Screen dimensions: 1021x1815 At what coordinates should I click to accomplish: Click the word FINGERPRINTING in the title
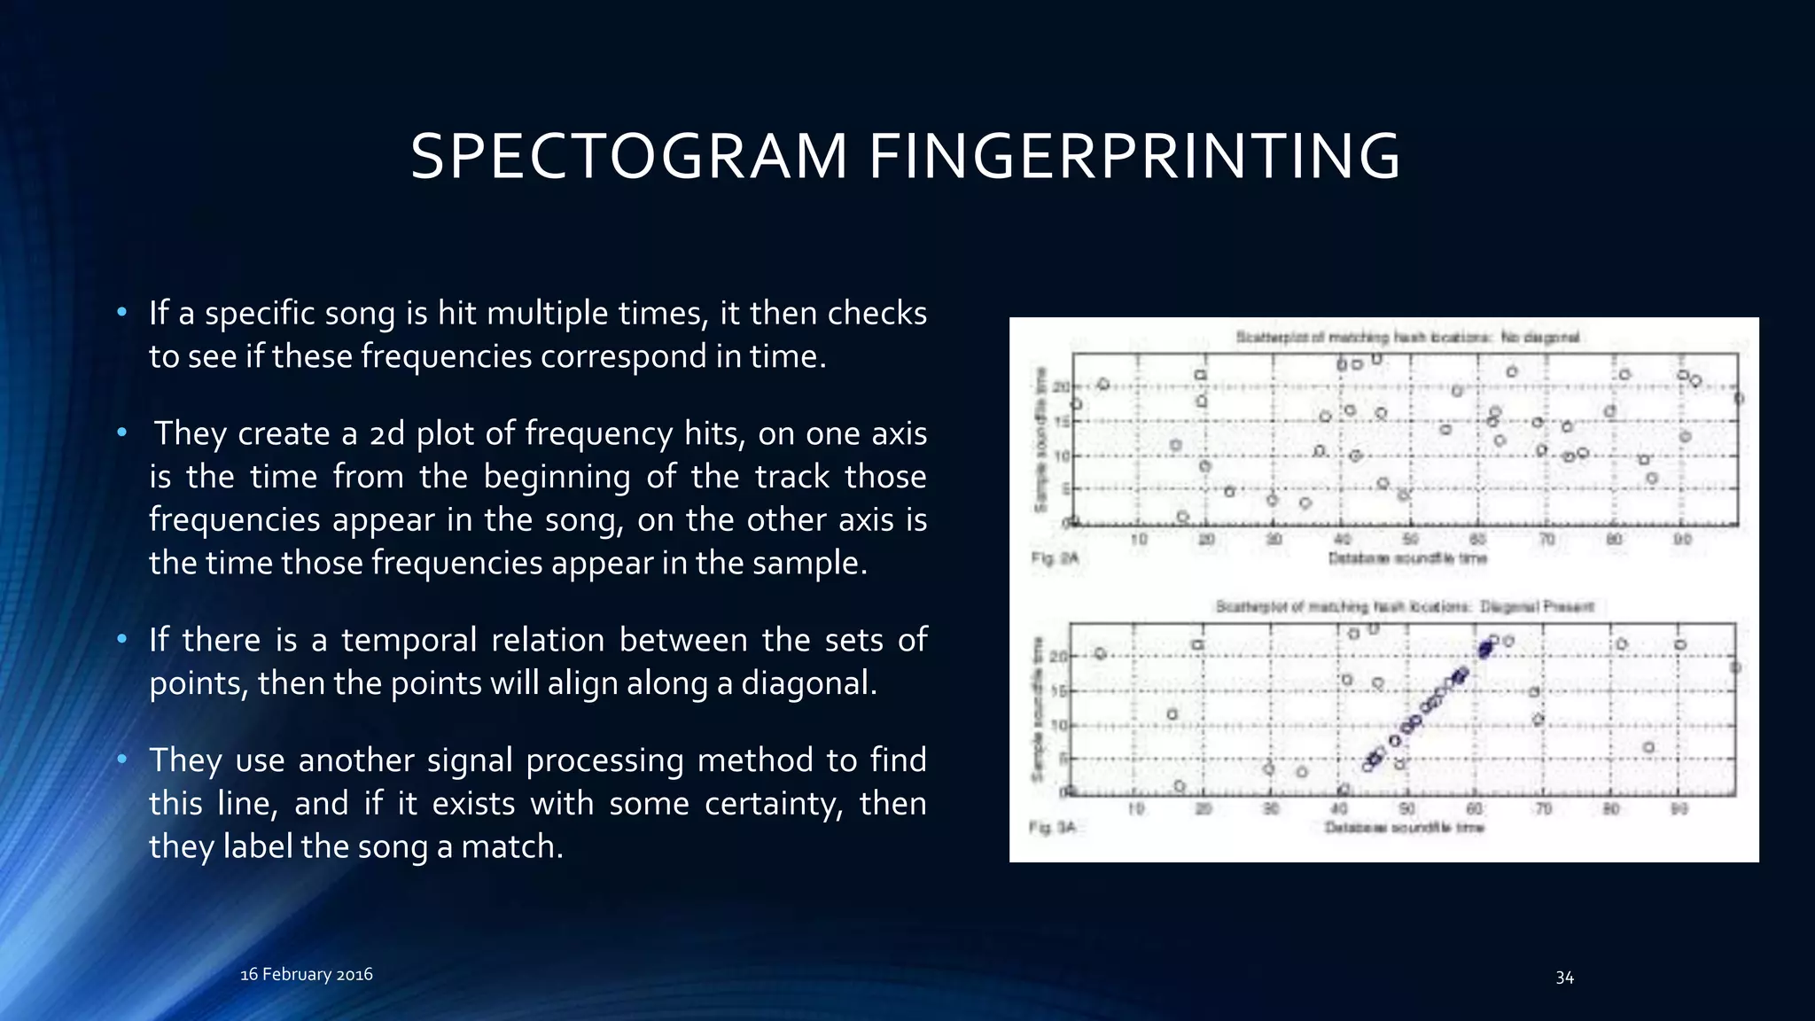click(x=1133, y=157)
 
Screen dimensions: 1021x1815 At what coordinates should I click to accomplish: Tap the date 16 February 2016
click(x=307, y=974)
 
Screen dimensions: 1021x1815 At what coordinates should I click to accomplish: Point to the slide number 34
click(x=1564, y=978)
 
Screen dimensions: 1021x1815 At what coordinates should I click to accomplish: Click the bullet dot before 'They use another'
click(x=122, y=760)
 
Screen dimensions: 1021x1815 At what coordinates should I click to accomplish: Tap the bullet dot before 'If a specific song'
click(x=122, y=312)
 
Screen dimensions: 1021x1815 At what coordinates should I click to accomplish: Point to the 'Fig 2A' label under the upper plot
click(x=1055, y=558)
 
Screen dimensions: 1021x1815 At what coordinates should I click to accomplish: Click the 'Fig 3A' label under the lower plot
click(x=1052, y=827)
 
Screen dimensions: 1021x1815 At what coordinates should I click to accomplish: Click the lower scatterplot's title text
click(x=1405, y=607)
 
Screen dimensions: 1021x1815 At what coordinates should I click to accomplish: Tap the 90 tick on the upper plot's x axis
click(x=1682, y=539)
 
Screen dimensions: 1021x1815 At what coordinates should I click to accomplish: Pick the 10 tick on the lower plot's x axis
click(x=1135, y=808)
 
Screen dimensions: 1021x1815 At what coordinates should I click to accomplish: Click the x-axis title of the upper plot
click(x=1406, y=558)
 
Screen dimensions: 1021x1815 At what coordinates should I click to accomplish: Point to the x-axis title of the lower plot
click(x=1404, y=827)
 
